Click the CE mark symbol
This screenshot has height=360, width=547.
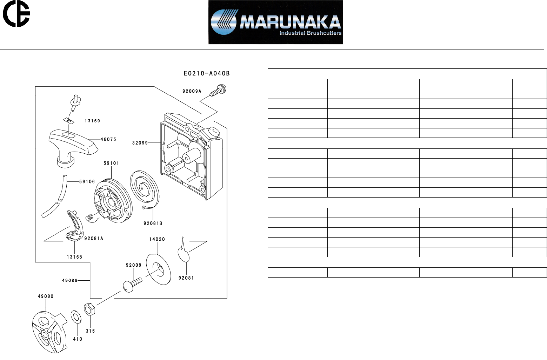point(16,14)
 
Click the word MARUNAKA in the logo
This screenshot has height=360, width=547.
point(291,22)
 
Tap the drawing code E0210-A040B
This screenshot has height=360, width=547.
point(207,73)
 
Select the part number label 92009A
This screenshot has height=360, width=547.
point(192,91)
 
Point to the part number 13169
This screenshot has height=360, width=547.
point(92,121)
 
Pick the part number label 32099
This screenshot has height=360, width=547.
point(140,143)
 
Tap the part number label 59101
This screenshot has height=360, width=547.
point(111,163)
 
